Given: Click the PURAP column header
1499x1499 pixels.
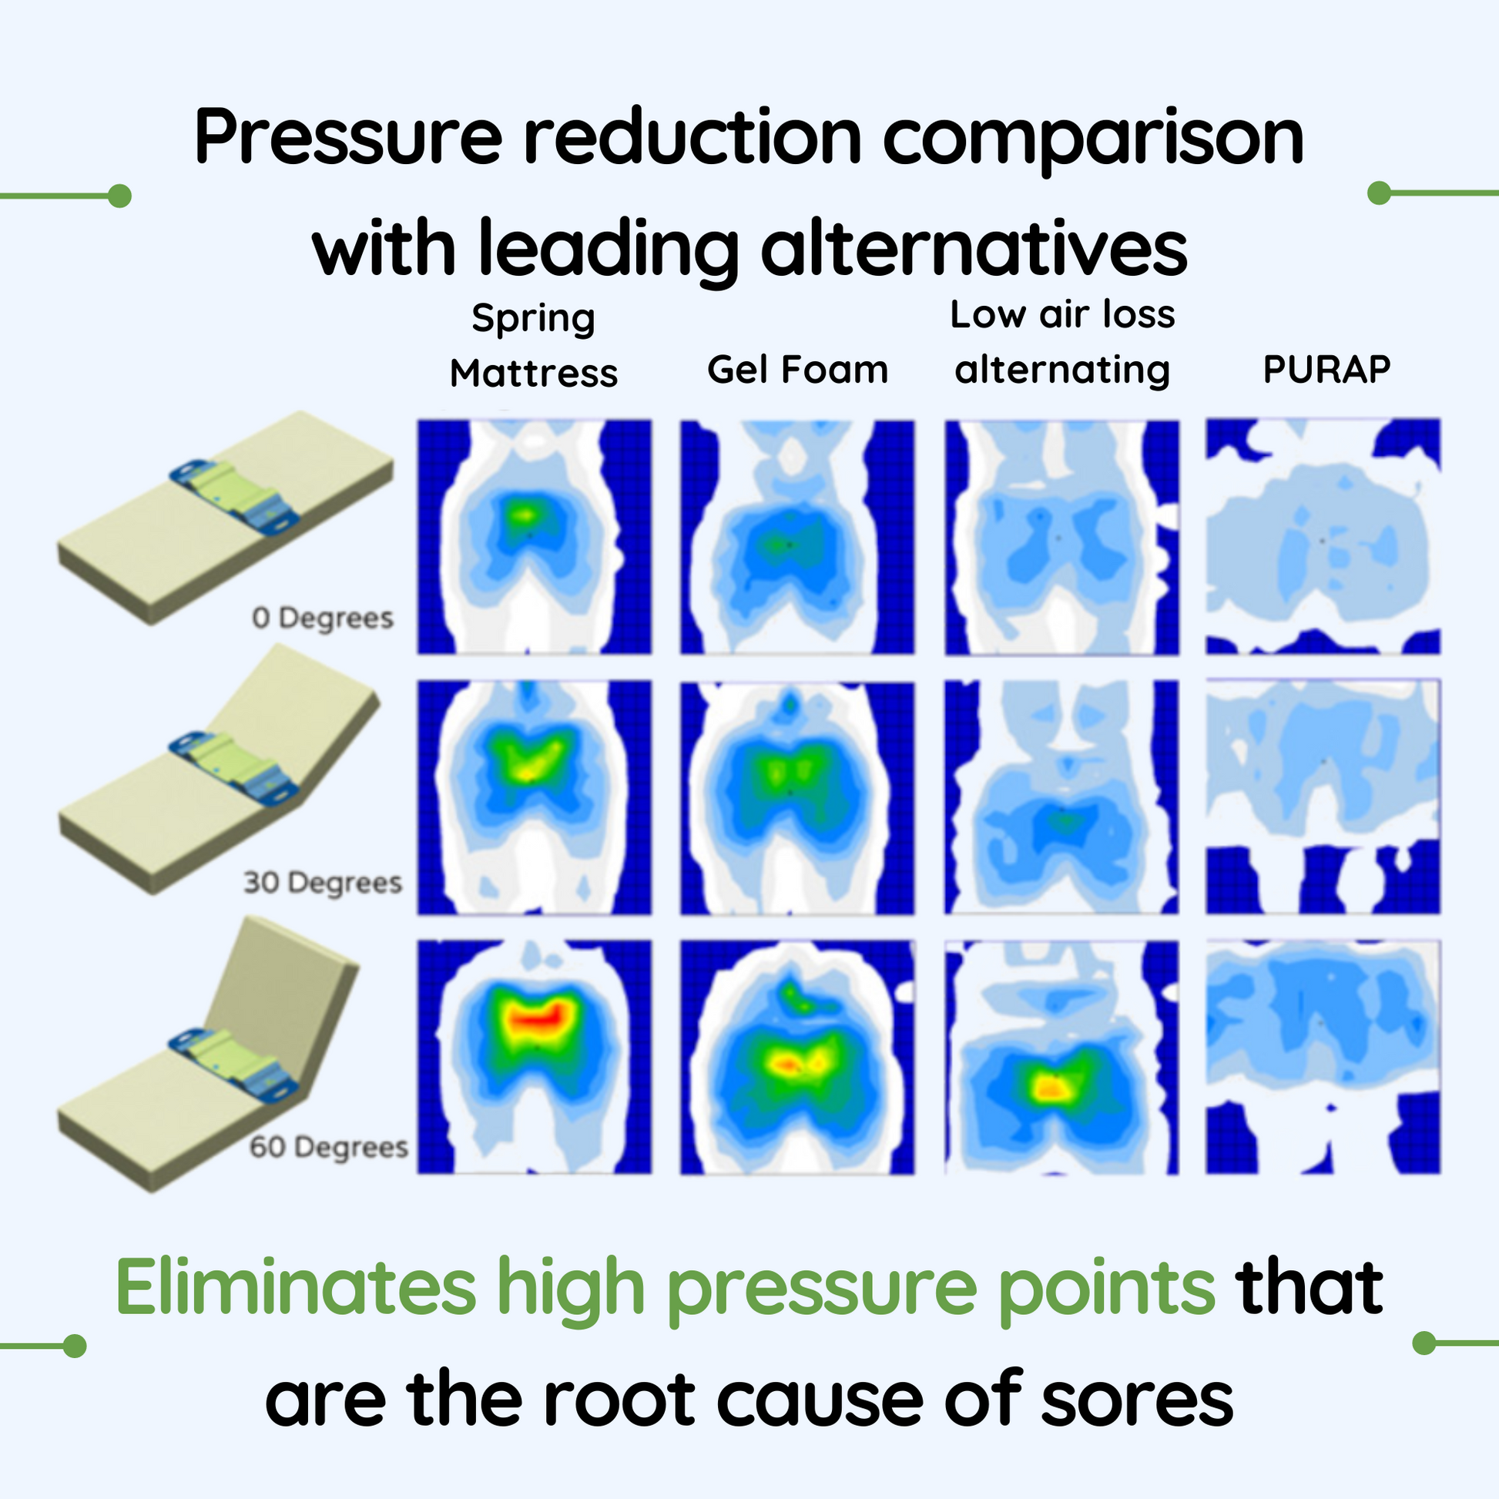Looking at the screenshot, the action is pyautogui.click(x=1326, y=369).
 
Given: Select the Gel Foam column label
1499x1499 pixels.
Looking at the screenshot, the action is pyautogui.click(x=797, y=369).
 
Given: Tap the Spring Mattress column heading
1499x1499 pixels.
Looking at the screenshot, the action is pyautogui.click(x=534, y=345).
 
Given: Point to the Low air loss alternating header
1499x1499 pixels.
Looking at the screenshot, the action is pyautogui.click(x=1062, y=342).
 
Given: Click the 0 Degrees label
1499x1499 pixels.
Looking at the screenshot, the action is pyautogui.click(x=323, y=619).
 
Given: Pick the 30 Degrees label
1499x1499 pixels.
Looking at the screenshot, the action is pyautogui.click(x=323, y=882).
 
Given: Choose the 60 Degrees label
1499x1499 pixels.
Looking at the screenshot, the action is pyautogui.click(x=329, y=1147).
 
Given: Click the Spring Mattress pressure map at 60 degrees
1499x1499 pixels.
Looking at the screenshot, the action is pyautogui.click(x=535, y=1057).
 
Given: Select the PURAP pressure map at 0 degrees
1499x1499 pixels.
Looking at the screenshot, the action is pyautogui.click(x=1323, y=536).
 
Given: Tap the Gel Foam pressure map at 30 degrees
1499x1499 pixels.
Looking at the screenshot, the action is pyautogui.click(x=797, y=797).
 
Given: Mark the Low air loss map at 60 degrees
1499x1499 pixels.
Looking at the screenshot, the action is pyautogui.click(x=1061, y=1057).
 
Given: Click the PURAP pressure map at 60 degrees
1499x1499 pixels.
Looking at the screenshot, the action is pyautogui.click(x=1323, y=1057).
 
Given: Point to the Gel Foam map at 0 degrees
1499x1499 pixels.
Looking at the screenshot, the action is pyautogui.click(x=797, y=537).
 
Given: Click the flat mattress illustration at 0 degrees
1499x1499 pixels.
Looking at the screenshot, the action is pyautogui.click(x=225, y=518).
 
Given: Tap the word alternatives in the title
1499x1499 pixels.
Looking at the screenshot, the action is pyautogui.click(x=974, y=248).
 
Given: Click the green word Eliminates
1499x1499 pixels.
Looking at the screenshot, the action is pyautogui.click(x=296, y=1288).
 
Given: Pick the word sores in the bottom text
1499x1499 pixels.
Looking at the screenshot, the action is pyautogui.click(x=1138, y=1404).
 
